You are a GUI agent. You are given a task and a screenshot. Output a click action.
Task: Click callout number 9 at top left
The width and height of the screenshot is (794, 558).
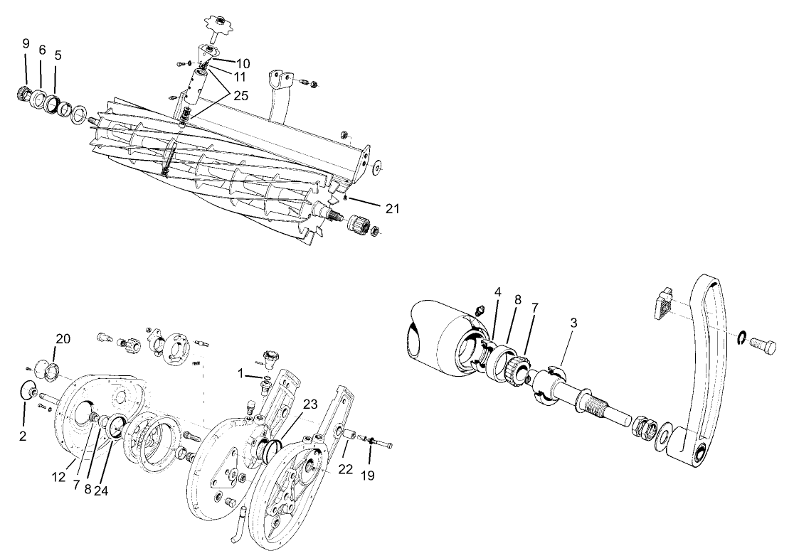[x=26, y=43]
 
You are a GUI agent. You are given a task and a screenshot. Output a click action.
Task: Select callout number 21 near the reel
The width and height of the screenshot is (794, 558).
[x=392, y=208]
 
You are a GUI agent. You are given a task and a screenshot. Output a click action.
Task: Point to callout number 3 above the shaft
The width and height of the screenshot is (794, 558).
[x=573, y=322]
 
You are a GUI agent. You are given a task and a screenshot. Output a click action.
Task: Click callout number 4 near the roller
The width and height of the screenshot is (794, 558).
[x=498, y=291]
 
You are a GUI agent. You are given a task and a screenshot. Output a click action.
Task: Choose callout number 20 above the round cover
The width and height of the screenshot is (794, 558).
[x=63, y=339]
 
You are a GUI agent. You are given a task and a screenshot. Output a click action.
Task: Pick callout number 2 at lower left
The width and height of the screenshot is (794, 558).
[x=23, y=436]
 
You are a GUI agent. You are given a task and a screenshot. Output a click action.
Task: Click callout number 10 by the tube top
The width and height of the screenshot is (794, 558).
[x=244, y=63]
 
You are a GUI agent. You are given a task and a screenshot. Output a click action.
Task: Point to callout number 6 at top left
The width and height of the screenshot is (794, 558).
[x=42, y=50]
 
